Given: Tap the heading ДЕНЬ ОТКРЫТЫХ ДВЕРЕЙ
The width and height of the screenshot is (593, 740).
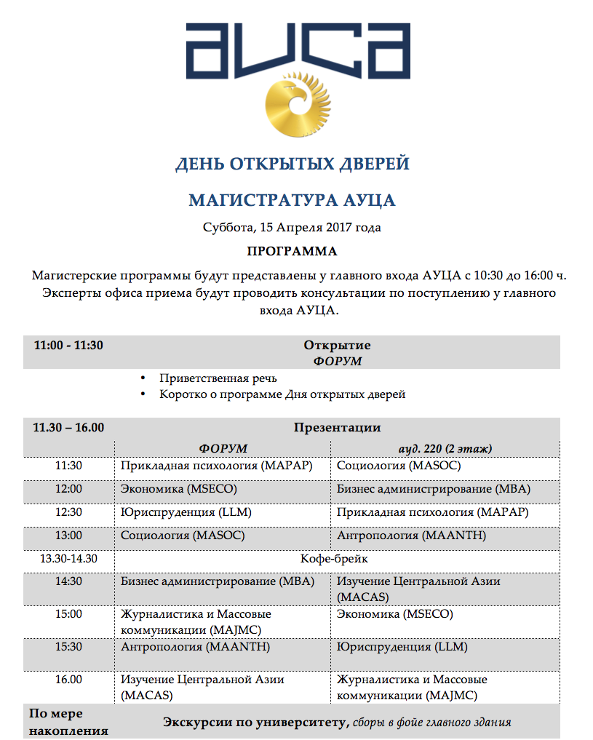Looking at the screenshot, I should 292,164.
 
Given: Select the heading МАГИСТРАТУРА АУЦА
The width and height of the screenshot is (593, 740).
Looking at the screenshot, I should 292,200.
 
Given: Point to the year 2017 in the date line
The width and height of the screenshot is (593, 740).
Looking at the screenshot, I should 338,228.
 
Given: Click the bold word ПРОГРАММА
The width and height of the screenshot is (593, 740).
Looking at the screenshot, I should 292,252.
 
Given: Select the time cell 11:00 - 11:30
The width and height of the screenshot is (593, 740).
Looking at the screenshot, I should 68,346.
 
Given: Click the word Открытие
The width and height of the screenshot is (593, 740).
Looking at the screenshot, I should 337,346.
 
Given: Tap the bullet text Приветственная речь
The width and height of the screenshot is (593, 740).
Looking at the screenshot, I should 218,378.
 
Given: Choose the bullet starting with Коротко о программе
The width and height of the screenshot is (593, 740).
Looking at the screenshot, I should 282,394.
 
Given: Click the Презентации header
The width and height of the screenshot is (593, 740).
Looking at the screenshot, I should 337,428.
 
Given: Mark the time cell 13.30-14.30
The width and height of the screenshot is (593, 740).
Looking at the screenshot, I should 68,560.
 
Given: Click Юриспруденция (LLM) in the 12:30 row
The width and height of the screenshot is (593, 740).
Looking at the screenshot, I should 186,512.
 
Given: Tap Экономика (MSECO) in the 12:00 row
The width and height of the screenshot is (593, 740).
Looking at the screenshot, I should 179,489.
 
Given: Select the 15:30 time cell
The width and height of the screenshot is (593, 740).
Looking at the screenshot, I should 68,646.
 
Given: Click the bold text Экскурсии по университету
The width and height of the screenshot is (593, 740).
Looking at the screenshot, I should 252,723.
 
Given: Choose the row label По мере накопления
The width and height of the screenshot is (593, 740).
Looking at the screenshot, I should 68,723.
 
